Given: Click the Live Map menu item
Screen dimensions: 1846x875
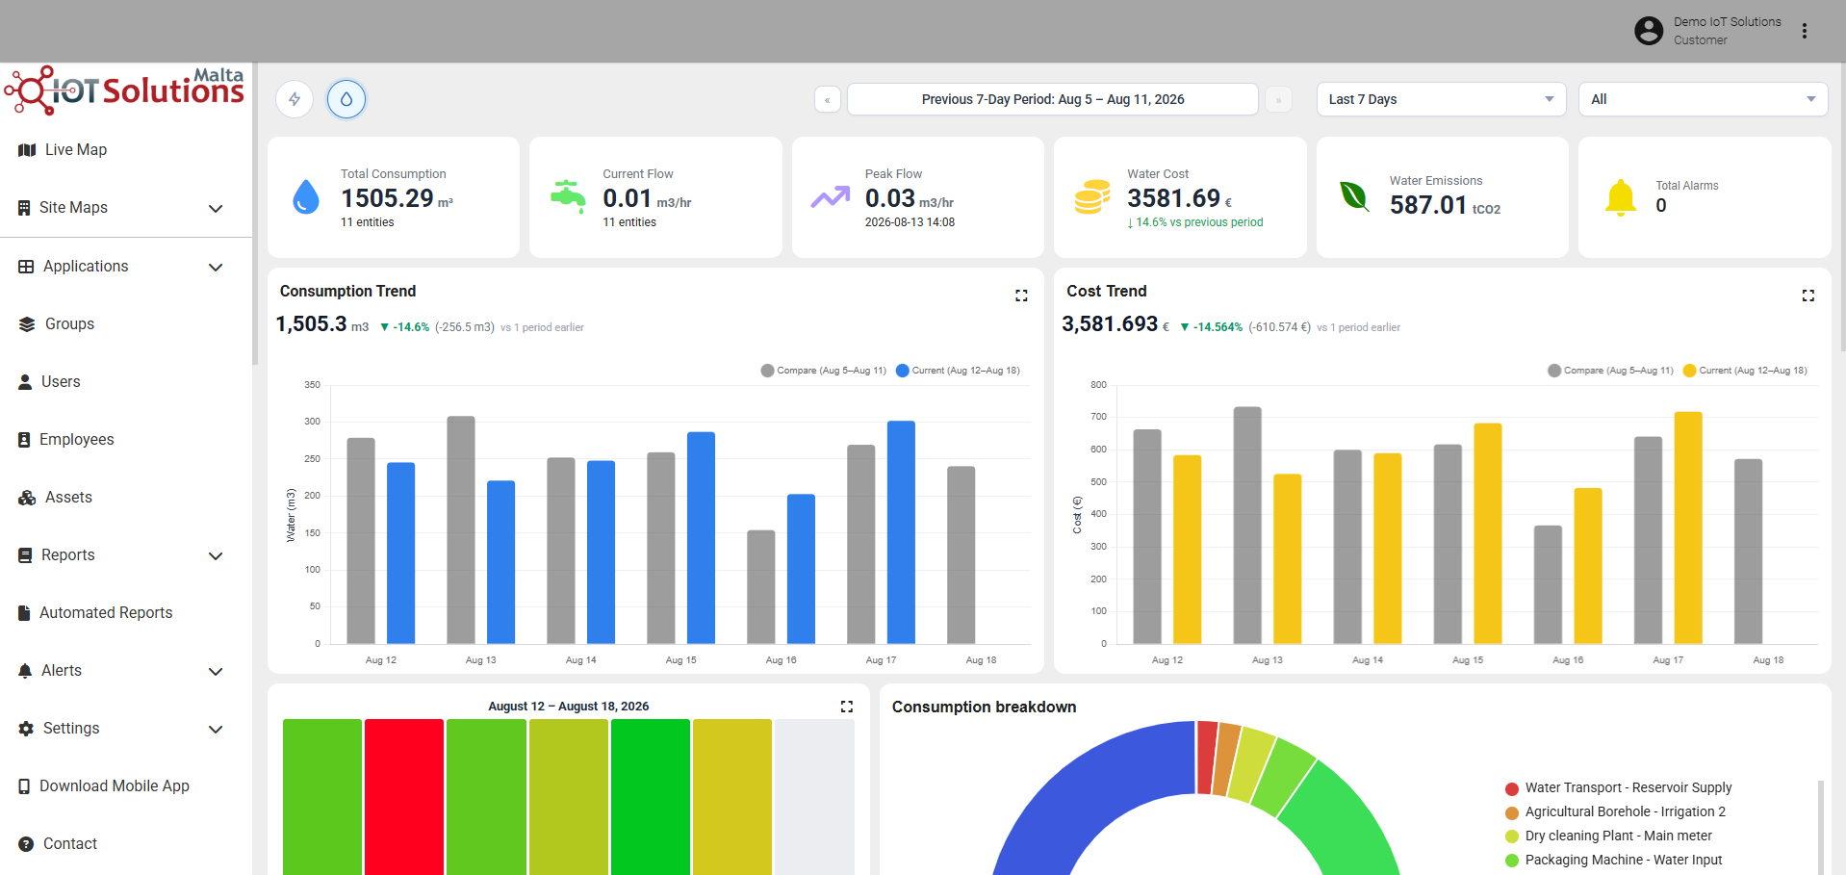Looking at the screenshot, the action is point(63,150).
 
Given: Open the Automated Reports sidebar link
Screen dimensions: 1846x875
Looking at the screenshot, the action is point(95,613).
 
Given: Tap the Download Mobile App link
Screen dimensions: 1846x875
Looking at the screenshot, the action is point(104,786).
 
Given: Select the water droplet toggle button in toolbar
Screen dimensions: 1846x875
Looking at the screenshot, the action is point(346,99).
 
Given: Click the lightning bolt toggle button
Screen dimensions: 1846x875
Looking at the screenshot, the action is point(295,99).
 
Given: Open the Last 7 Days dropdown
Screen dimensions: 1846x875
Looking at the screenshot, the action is point(1441,99).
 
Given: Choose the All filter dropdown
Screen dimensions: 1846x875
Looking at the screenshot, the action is point(1703,99).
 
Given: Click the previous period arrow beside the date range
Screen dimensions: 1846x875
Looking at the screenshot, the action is point(828,99).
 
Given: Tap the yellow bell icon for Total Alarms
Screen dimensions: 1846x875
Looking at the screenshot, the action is point(1621,197).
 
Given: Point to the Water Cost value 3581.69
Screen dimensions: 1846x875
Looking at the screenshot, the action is point(1174,198).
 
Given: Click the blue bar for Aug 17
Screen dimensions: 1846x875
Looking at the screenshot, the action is point(901,532).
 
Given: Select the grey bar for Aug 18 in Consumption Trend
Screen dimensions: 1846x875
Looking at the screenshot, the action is point(961,555).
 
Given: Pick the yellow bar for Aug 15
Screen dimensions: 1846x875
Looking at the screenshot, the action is point(1488,533).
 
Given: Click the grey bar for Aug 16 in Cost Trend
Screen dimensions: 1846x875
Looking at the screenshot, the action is point(1548,584).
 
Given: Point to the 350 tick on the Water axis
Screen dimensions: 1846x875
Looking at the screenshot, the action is point(312,385).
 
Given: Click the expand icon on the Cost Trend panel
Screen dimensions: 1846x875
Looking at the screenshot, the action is point(1808,296).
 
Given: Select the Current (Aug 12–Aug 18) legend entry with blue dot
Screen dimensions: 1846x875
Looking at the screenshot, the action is point(958,371).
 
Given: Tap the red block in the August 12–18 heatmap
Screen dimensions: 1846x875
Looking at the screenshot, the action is point(404,797).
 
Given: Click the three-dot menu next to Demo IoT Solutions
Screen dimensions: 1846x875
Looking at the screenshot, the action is point(1805,31).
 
